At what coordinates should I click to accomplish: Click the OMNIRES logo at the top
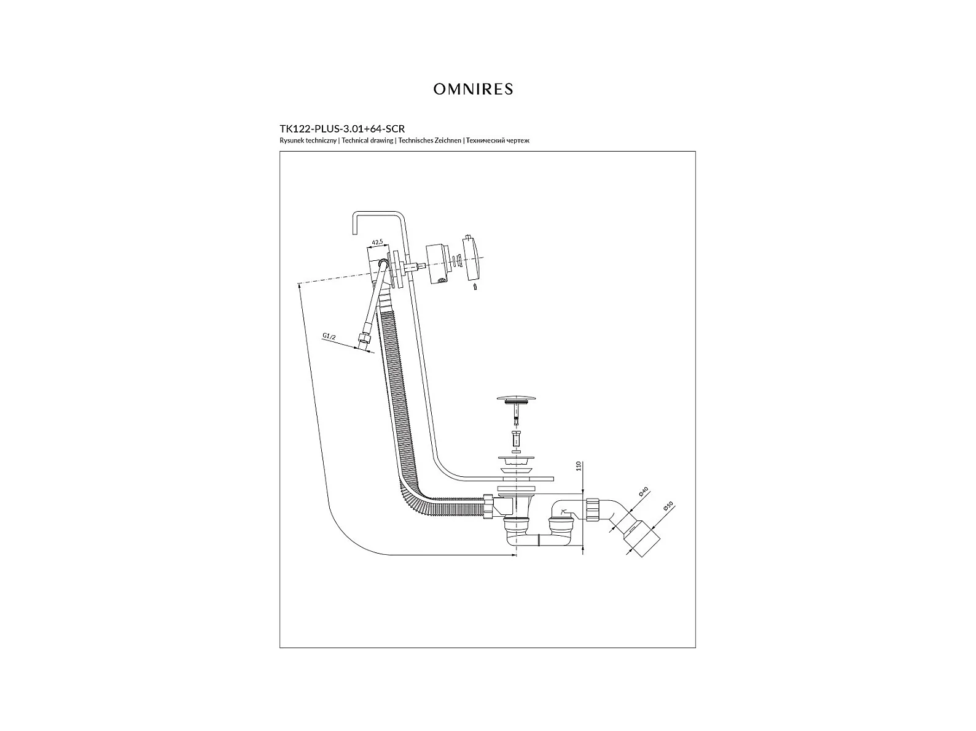[473, 89]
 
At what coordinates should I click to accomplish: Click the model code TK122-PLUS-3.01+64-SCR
[342, 129]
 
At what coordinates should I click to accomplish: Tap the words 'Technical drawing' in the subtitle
[367, 141]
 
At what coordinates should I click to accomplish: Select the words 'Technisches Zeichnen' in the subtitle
[429, 141]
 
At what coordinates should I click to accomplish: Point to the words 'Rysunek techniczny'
[308, 141]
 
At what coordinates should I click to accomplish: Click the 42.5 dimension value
[377, 242]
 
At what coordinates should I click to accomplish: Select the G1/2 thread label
[329, 336]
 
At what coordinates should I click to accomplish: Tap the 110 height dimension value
[578, 466]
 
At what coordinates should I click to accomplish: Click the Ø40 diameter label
[644, 492]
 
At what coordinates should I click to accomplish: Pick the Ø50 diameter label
[668, 506]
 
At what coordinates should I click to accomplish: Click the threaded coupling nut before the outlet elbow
[593, 510]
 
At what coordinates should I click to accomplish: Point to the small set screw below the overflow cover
[475, 287]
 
